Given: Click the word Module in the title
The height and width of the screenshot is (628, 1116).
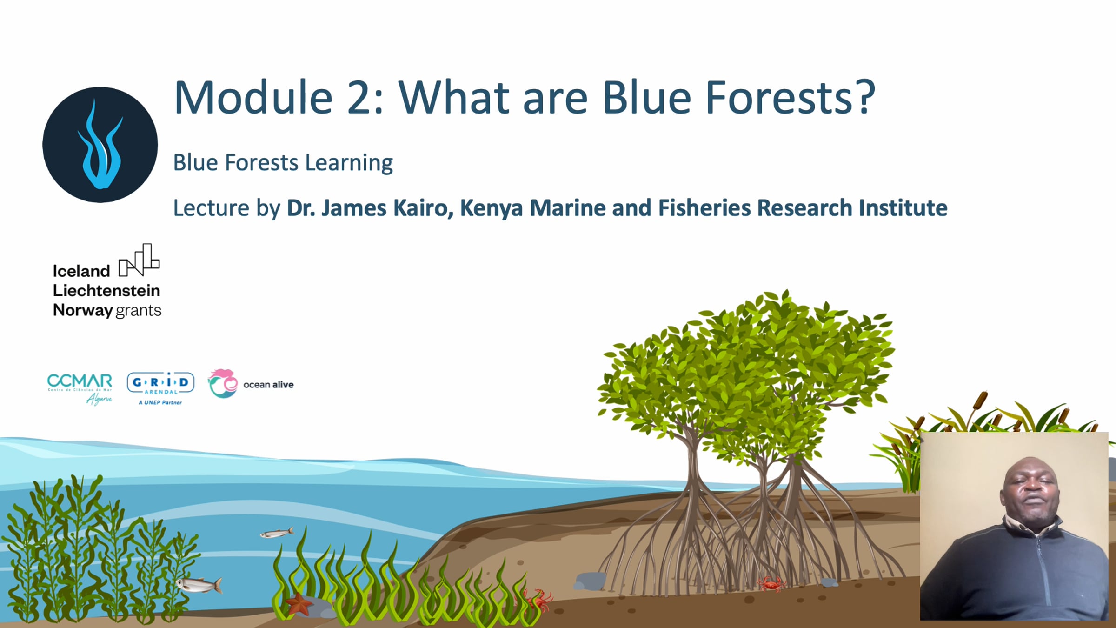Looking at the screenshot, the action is coord(254,98).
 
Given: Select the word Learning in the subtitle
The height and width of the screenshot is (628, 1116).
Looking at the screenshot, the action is coord(349,163).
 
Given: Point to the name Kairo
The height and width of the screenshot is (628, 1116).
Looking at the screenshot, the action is coord(423,207).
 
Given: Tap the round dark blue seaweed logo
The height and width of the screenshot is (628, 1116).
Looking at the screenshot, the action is coord(100,145).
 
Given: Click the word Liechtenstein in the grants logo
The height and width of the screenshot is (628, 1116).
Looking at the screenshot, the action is coord(106,290).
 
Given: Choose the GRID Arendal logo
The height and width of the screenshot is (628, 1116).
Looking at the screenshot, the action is coord(160,388).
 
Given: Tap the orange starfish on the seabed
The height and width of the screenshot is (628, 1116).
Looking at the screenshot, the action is coord(299,604).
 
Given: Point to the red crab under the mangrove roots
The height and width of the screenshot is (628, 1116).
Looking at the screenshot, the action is coord(771,583).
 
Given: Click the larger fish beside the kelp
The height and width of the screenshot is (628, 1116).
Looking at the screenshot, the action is coord(200,584).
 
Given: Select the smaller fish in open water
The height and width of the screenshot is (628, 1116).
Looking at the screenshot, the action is coord(277,533).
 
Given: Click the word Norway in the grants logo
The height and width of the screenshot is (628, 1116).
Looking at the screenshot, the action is coord(83,310).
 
